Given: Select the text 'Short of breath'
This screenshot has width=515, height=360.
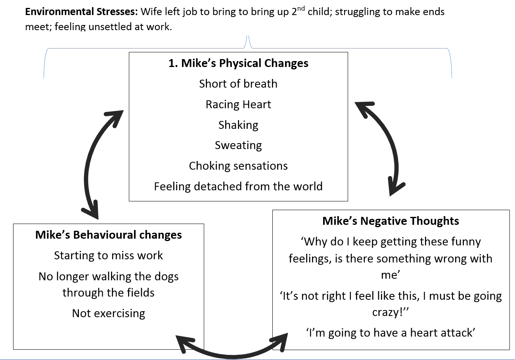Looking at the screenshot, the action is click(238, 84).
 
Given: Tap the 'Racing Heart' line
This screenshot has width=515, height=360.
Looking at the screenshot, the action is click(238, 105).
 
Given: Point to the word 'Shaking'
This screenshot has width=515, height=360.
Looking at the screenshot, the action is click(238, 125).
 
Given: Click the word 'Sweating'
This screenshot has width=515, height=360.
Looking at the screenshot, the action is click(238, 146).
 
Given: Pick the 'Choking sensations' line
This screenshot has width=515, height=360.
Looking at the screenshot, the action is click(238, 166).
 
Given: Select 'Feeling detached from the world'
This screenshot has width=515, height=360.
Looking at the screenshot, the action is click(238, 186).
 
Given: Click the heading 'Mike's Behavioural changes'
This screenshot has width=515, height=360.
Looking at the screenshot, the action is click(109, 235).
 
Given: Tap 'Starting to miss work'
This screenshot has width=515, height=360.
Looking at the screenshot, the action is click(109, 256).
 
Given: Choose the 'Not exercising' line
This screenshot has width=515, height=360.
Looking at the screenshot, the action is click(109, 313).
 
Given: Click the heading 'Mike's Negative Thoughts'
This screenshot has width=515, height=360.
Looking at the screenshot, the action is click(391, 221).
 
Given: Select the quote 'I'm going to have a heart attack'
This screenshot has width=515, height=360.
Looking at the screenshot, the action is click(391, 333).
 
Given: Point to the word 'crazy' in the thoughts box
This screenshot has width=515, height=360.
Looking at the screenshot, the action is click(387, 312).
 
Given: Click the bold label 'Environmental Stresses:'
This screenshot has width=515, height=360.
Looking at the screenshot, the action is click(81, 12).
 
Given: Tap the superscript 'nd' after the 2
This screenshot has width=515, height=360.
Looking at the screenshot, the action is click(301, 9).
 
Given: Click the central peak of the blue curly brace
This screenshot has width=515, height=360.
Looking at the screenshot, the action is click(248, 36).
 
